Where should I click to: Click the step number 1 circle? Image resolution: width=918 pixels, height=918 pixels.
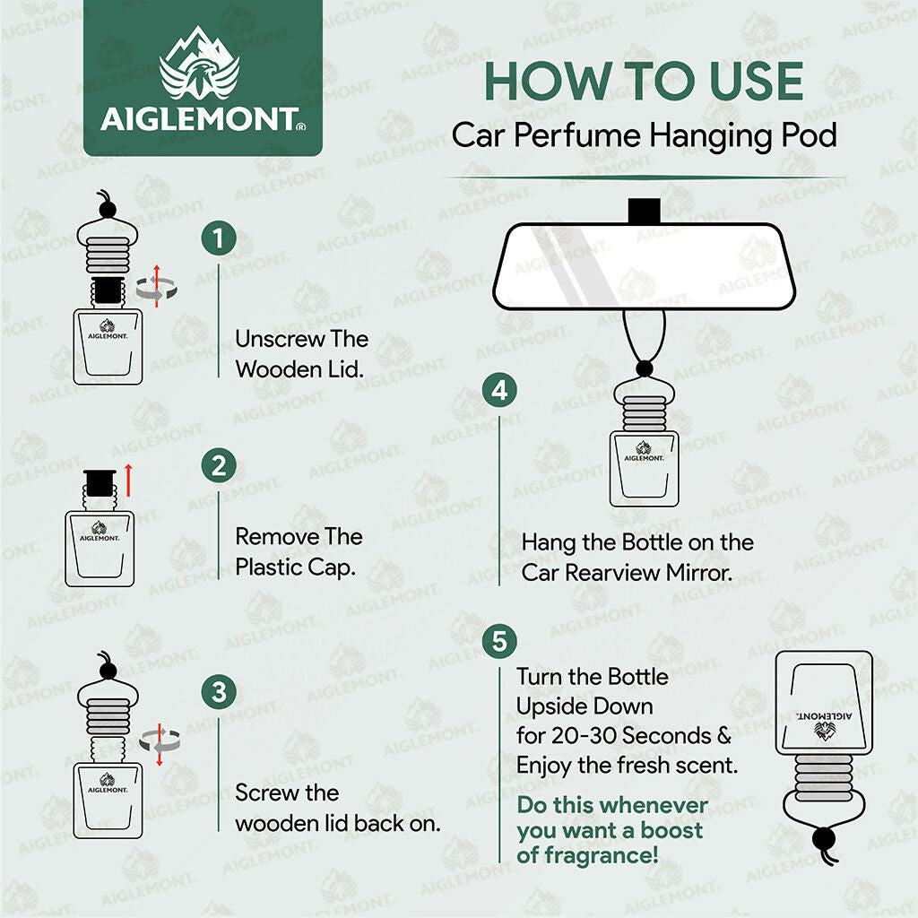coord(219,239)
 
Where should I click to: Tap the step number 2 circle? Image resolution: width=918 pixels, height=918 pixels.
coord(219,466)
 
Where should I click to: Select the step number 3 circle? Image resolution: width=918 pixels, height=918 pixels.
coord(219,692)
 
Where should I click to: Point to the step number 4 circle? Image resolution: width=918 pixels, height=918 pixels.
coord(499,391)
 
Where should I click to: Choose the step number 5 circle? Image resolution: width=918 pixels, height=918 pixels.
coord(499,642)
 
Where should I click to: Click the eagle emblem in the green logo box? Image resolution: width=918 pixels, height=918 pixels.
coord(199,74)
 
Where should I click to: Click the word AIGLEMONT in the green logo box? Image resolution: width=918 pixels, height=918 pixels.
coord(199,120)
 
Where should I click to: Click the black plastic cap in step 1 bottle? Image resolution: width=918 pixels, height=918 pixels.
coord(108,289)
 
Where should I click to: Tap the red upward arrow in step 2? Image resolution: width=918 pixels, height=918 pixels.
coord(128,481)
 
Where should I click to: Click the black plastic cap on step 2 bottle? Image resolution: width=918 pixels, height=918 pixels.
coord(97,483)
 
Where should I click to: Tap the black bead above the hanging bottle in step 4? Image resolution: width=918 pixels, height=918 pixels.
coord(644,368)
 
